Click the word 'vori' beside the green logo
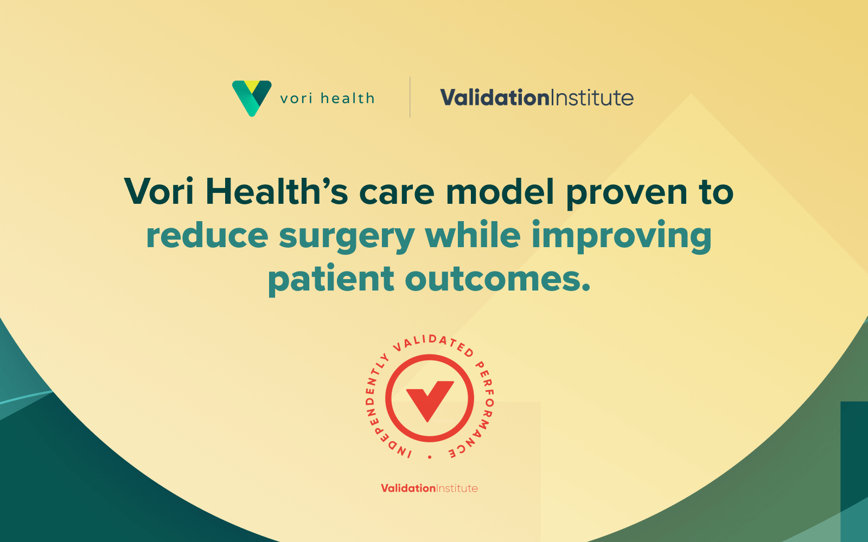[x=296, y=99]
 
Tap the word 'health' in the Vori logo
[x=348, y=98]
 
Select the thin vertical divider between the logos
[x=410, y=97]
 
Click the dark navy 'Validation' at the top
[x=495, y=97]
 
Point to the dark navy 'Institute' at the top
[x=592, y=97]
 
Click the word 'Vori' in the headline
[x=159, y=191]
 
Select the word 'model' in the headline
[x=500, y=191]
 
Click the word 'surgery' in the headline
[x=347, y=237]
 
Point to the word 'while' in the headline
[x=473, y=234]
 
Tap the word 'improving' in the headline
[x=622, y=237]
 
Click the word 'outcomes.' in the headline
[x=497, y=279]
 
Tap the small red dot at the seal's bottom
[x=430, y=457]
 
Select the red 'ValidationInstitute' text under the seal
[x=429, y=488]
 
